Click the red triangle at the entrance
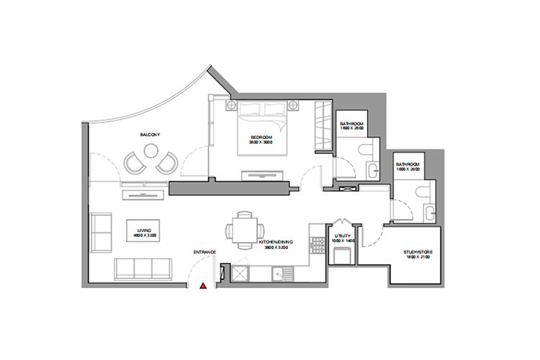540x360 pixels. coord(204,286)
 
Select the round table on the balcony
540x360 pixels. coord(151,151)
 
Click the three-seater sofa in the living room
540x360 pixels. coord(143,269)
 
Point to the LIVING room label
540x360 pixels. coord(144,230)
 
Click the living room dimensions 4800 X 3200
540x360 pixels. coord(144,236)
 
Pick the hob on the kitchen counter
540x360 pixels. coord(239,274)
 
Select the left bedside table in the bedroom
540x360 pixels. coord(233,106)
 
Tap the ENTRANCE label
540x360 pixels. coord(205,251)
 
